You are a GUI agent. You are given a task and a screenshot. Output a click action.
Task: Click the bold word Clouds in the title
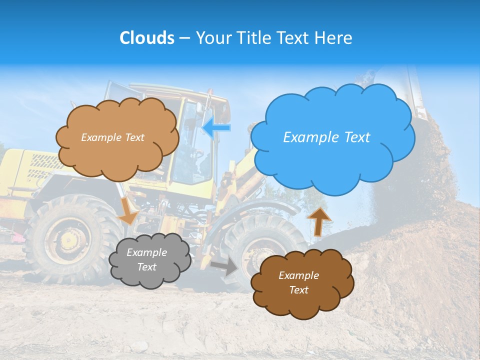[x=146, y=38]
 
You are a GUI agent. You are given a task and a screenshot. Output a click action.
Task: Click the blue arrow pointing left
[x=216, y=128]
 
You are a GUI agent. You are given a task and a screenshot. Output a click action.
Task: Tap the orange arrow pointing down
[x=128, y=210]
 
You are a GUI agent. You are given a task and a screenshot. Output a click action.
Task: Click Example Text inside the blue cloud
[x=326, y=137]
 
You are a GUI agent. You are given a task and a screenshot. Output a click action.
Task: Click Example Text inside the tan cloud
[x=112, y=137]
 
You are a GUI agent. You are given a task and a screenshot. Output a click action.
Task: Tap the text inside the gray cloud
[x=146, y=260]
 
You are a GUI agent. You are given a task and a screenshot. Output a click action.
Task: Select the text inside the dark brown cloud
[x=298, y=282]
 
